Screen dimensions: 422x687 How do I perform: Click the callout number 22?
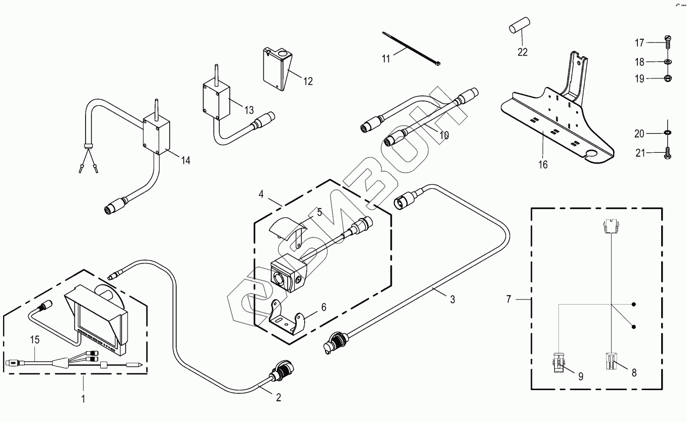pos(522,52)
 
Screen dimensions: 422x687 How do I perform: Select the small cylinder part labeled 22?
pos(518,25)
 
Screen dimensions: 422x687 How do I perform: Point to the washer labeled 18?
pos(668,62)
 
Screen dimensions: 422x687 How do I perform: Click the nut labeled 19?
pos(668,78)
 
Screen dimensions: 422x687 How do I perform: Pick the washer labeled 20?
pos(667,133)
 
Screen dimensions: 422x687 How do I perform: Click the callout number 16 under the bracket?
pos(543,164)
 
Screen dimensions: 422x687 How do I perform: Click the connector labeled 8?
pos(611,361)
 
